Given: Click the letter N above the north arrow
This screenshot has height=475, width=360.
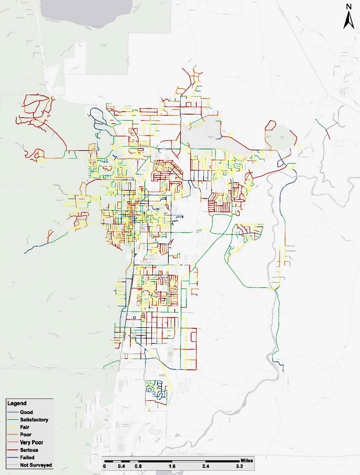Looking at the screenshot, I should click(348, 6).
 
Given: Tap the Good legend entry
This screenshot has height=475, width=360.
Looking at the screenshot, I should click(26, 412).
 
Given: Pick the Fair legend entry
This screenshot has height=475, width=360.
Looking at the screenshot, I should click(25, 428).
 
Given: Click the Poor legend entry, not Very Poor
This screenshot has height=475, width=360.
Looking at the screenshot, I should click(25, 435).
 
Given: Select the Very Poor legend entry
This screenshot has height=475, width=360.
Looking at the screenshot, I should click(31, 442).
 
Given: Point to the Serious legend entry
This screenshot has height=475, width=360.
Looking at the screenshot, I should click(29, 450).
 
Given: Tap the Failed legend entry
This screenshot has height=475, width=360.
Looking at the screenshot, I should click(27, 458).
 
